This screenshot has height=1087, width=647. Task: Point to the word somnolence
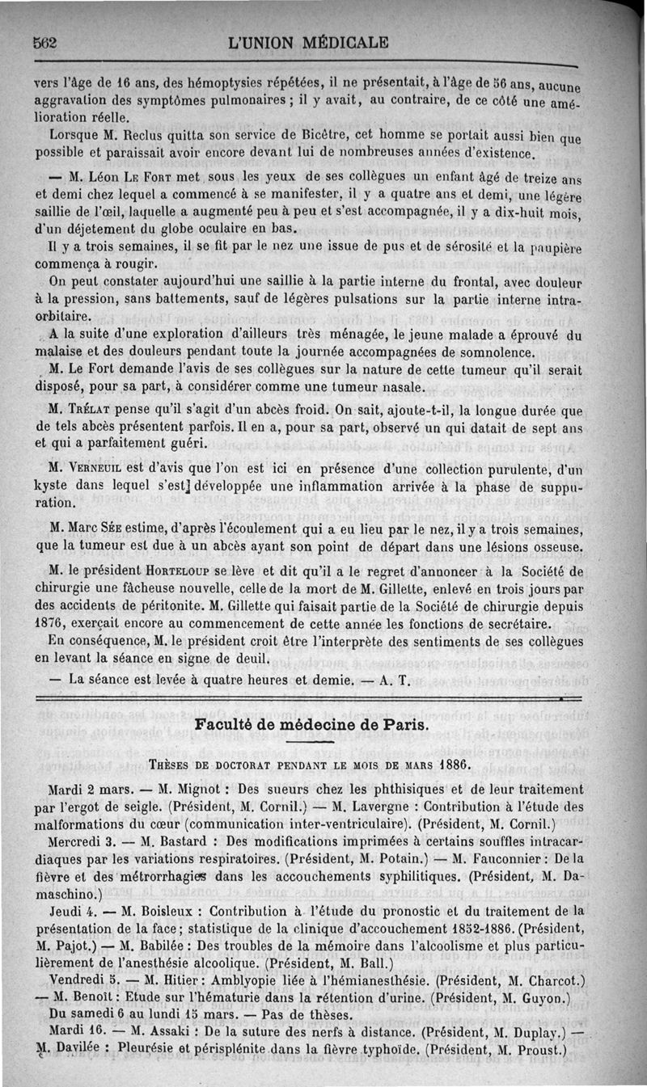497,353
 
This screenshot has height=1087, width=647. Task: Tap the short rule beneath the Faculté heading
310,742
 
